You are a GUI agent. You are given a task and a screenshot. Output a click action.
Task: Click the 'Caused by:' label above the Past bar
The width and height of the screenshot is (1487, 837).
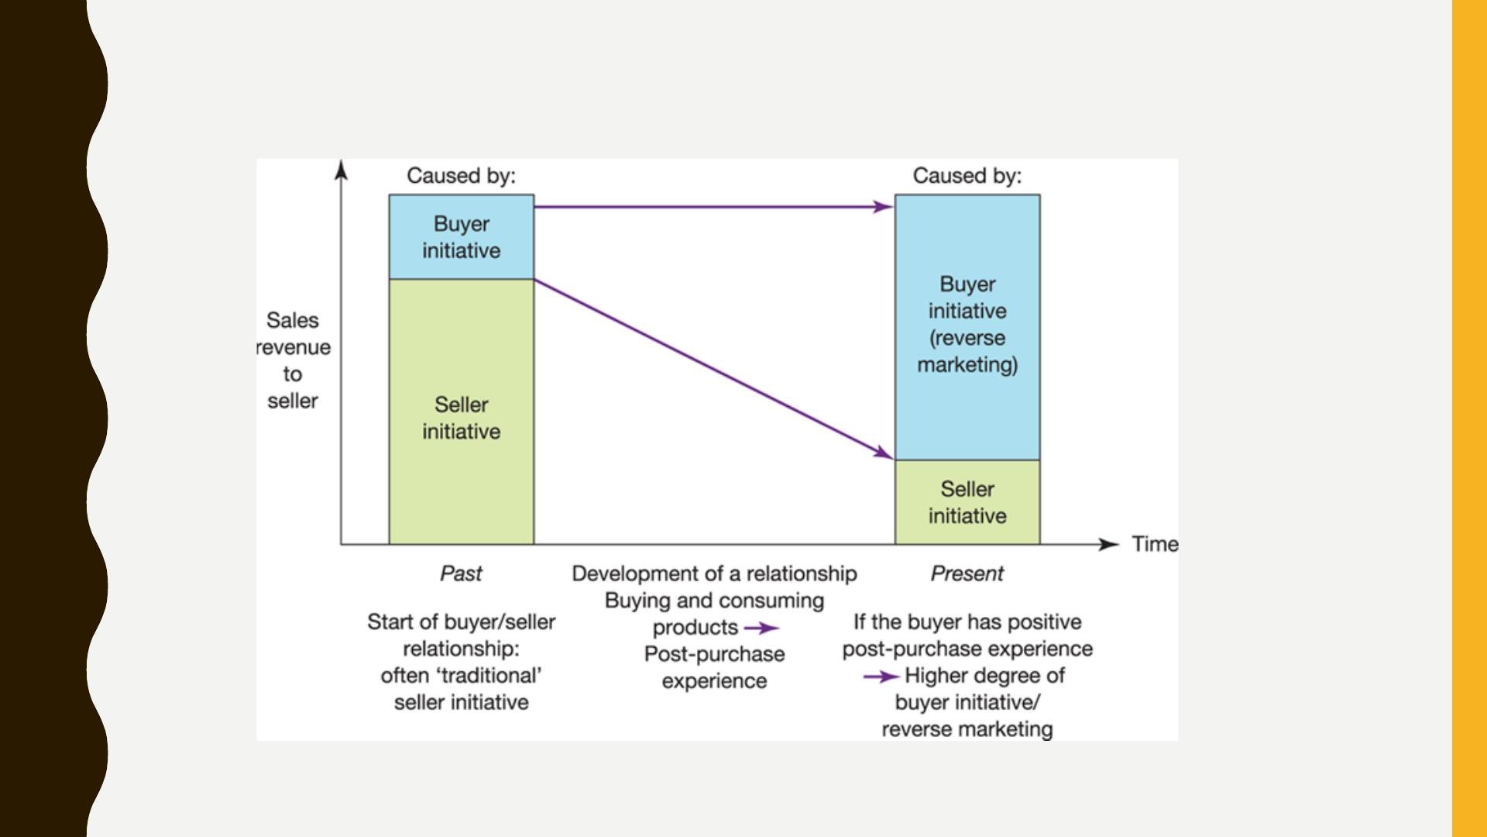[461, 176]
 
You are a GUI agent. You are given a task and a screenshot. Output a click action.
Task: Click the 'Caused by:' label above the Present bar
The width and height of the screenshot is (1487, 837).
[967, 176]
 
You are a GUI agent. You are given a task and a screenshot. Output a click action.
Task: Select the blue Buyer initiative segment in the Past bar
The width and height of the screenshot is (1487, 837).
[462, 236]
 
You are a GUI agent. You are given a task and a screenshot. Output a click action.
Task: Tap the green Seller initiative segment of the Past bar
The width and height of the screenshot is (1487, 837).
[462, 412]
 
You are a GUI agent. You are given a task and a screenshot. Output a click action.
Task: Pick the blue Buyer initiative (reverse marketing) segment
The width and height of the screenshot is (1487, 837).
[967, 327]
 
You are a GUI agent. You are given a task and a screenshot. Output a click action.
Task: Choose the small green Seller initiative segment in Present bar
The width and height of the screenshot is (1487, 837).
[967, 502]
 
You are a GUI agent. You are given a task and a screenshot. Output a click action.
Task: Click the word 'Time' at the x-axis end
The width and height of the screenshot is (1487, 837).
[1155, 544]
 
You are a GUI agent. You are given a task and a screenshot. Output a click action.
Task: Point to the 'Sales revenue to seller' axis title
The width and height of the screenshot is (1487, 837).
[293, 360]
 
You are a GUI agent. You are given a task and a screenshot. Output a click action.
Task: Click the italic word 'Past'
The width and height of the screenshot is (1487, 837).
[461, 573]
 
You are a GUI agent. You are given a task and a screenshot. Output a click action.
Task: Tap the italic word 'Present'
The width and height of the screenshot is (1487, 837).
[967, 573]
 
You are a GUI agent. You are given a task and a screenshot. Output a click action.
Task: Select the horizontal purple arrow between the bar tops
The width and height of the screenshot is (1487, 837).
[713, 207]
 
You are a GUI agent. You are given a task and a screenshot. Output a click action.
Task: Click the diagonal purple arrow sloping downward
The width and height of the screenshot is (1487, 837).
[713, 369]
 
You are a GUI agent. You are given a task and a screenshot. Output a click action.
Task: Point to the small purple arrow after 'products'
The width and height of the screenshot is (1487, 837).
[761, 629]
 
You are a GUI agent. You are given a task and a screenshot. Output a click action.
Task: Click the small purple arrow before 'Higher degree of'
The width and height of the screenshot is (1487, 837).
[881, 677]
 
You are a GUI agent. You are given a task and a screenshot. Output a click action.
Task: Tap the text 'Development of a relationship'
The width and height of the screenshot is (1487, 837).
[714, 573]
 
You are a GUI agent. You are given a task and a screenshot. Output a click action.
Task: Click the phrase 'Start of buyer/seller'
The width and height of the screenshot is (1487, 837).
[461, 622]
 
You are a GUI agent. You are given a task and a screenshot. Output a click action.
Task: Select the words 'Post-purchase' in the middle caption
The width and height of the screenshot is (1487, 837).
[714, 654]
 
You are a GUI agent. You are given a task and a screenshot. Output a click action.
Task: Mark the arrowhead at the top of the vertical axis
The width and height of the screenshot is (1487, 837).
[341, 169]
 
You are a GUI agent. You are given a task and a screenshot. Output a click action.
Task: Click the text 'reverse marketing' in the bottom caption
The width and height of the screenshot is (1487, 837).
[967, 729]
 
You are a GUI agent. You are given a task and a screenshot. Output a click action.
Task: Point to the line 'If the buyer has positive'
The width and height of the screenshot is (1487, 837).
[967, 622]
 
